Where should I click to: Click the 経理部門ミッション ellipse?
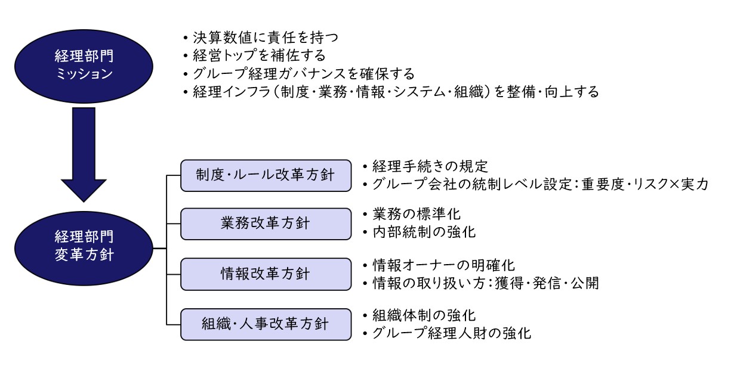[84, 66]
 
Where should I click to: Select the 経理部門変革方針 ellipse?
[84, 249]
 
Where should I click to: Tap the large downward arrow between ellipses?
[84, 154]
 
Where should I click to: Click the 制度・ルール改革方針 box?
[266, 175]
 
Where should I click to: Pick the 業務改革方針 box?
[266, 224]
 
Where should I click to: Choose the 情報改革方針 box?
[266, 274]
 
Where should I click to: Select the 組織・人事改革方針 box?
[266, 324]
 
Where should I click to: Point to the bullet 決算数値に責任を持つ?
[261, 38]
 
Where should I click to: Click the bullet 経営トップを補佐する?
[255, 55]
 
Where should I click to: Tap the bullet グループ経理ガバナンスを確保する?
[299, 74]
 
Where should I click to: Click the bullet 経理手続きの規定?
[425, 166]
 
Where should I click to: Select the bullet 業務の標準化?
[412, 214]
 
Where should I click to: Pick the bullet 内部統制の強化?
[420, 232]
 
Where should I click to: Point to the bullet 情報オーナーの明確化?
[439, 265]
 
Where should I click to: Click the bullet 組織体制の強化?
[420, 315]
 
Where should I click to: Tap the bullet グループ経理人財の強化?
[447, 333]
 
